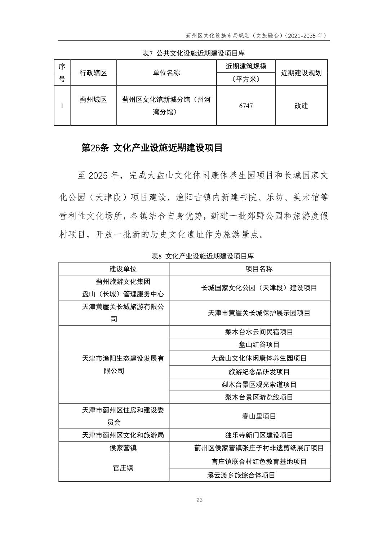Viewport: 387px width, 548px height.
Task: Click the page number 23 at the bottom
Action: coord(200,500)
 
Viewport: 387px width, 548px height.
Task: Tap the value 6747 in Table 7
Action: coord(246,106)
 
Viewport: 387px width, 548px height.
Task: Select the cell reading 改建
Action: coord(301,106)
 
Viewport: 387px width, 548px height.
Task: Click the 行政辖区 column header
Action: coord(93,73)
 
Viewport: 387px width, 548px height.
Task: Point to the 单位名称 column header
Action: coord(166,73)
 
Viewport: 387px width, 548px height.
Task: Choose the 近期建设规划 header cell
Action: coord(301,73)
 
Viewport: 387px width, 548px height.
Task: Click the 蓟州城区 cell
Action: coord(93,100)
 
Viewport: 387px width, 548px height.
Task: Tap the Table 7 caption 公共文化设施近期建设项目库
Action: coord(194,53)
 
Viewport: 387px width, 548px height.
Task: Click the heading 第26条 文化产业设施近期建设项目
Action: coord(152,148)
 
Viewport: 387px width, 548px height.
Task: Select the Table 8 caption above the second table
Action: coord(203,256)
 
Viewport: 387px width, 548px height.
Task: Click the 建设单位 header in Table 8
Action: coord(114,269)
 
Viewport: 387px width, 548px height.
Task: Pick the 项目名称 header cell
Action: coord(259,269)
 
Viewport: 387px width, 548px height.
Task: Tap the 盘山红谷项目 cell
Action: coord(259,345)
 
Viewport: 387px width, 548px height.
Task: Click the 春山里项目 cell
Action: coord(259,416)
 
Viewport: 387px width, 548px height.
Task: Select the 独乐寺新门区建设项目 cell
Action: coord(259,435)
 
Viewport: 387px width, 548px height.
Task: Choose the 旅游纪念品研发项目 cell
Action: coord(259,372)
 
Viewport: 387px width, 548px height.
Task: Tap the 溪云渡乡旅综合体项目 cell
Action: coord(241,475)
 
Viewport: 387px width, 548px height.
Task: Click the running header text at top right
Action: coord(256,36)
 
